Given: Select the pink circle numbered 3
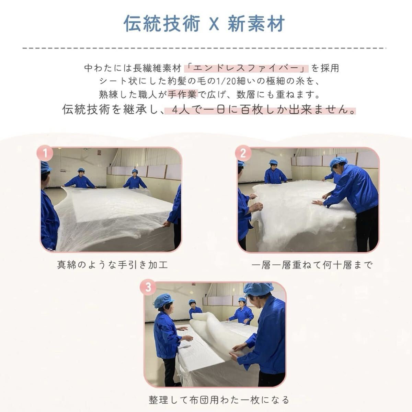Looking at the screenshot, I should (148, 288).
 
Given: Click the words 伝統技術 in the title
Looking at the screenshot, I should (162, 24).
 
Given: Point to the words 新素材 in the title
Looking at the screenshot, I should (256, 24).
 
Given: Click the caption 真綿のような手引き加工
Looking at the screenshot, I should (112, 265).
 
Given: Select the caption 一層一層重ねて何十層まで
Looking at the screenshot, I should (312, 265).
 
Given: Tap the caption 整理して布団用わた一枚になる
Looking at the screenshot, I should (219, 400).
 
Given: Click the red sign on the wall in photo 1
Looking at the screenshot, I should (99, 152).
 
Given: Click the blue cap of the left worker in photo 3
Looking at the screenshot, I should (164, 300).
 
